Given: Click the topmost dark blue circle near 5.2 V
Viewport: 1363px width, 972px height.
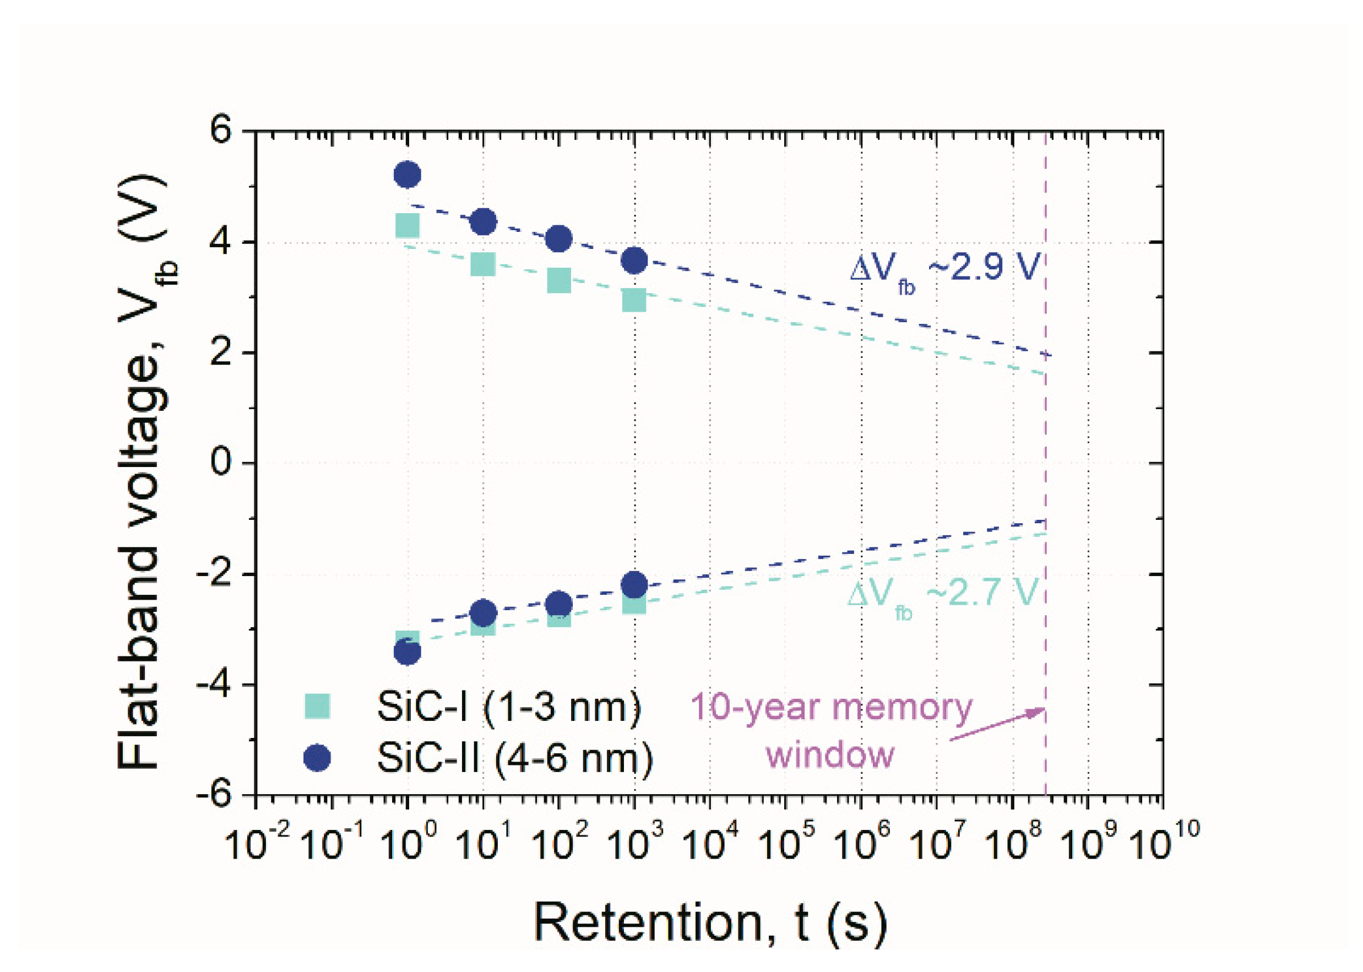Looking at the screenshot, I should click(408, 175).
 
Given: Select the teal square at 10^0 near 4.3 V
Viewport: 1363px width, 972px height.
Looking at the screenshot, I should click(408, 226).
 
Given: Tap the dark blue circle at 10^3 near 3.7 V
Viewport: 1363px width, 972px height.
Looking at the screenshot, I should click(634, 260).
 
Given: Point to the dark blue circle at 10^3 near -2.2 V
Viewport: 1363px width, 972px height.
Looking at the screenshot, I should click(634, 584).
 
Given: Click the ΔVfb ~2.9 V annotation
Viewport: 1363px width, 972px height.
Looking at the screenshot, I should click(944, 269).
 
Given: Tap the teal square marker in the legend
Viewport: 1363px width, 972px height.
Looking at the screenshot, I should click(317, 705).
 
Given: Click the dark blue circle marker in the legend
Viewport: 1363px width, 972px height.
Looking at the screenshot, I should click(317, 758).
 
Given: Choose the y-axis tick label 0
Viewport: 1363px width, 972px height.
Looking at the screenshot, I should click(222, 463).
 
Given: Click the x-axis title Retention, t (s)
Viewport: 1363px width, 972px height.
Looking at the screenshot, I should click(710, 923).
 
